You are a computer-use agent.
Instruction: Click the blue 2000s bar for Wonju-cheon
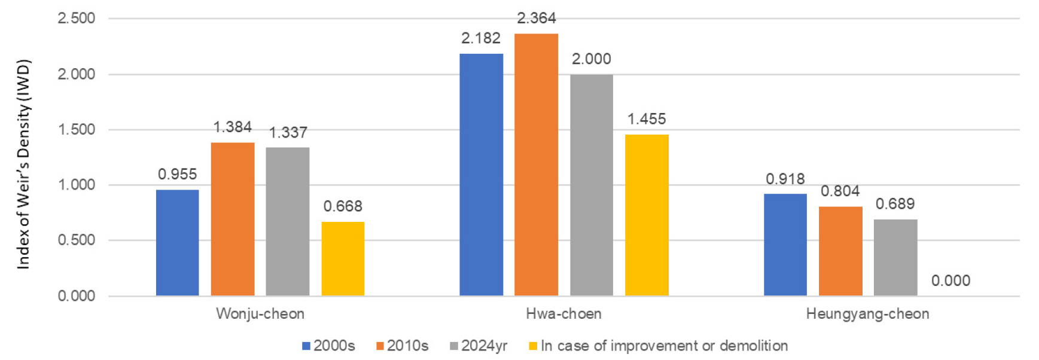click(x=177, y=242)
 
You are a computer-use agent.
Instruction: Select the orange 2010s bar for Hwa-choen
click(x=536, y=164)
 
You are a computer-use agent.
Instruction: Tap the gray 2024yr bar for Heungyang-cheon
click(x=895, y=257)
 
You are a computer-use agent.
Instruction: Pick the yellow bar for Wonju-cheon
click(x=343, y=258)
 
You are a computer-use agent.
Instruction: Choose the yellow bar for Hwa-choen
click(x=647, y=215)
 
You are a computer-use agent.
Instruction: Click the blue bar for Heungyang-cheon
click(x=785, y=244)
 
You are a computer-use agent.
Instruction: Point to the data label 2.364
click(x=536, y=19)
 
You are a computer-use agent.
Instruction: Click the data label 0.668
click(x=343, y=206)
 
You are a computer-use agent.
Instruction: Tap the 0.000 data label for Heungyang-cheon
click(x=950, y=280)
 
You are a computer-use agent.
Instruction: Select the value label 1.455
click(x=647, y=119)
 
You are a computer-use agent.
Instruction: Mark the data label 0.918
click(x=785, y=179)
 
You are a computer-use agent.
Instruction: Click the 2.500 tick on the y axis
click(x=76, y=19)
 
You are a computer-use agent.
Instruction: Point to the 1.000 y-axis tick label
click(x=76, y=185)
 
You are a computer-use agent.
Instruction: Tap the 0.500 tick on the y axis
click(x=76, y=240)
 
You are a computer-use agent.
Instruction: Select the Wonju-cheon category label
click(x=260, y=314)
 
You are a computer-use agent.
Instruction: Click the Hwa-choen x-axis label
click(x=563, y=314)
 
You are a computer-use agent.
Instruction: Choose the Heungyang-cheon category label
click(x=867, y=314)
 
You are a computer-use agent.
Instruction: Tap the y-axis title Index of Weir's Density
click(x=23, y=164)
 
